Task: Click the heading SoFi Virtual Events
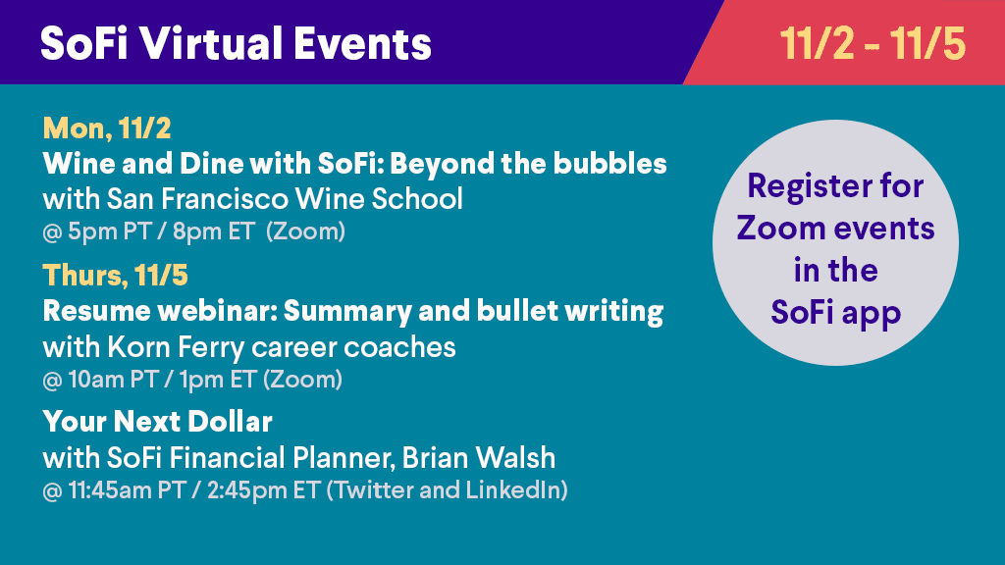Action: [236, 43]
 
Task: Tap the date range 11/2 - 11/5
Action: [873, 43]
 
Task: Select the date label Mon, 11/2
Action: [107, 128]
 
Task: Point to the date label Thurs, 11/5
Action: [116, 276]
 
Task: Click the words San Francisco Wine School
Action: [285, 198]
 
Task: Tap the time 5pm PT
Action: [109, 231]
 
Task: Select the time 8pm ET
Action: [213, 231]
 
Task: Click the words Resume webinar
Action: [160, 311]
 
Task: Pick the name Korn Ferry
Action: [176, 347]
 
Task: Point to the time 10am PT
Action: [113, 380]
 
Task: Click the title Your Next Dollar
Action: [158, 422]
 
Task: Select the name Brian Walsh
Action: [479, 457]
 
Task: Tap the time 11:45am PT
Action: [127, 490]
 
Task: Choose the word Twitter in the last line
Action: [373, 490]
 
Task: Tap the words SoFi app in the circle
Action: [836, 313]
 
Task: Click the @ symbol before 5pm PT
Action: [52, 232]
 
